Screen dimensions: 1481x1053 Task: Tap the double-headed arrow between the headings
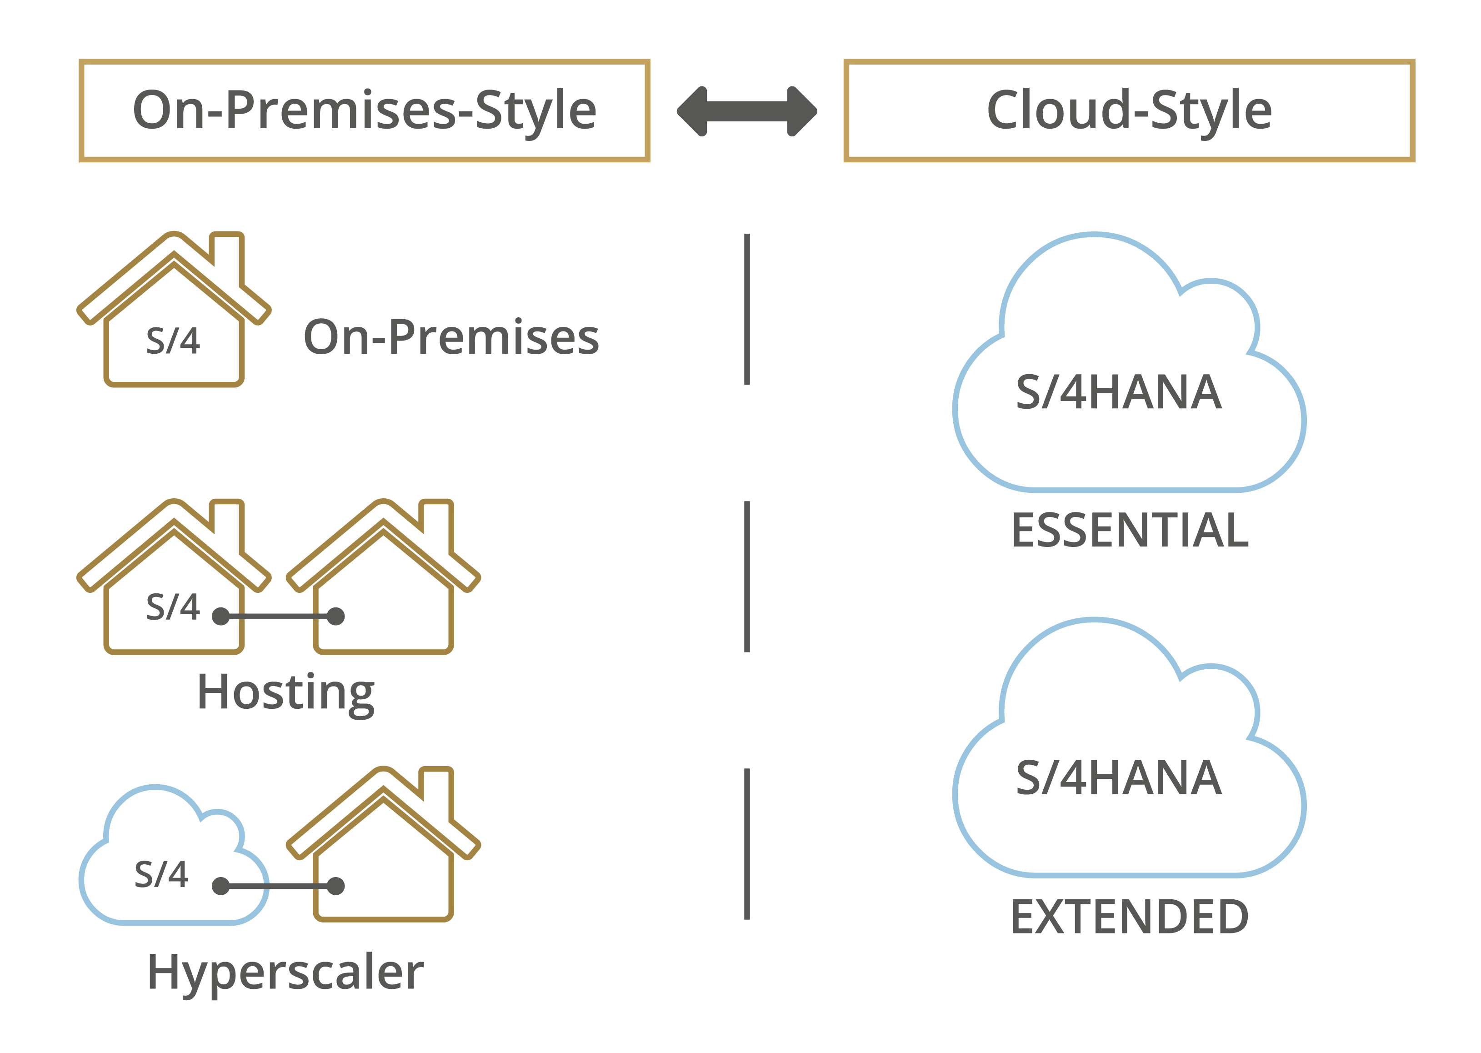tap(747, 111)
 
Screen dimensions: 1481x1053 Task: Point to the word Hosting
tap(286, 694)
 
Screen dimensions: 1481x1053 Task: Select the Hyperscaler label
tap(286, 974)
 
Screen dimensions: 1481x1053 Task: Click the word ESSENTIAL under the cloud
tap(1130, 531)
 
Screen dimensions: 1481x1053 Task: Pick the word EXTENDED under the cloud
tap(1130, 917)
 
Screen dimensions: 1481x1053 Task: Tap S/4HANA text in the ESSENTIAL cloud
tap(1119, 392)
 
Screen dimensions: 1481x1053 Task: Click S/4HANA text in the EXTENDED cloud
tap(1119, 777)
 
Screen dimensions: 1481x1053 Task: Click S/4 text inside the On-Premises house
tap(173, 341)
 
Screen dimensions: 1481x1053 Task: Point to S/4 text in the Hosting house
tap(173, 607)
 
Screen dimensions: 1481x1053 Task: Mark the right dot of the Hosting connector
tap(336, 616)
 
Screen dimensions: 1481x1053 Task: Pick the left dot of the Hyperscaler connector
tap(221, 886)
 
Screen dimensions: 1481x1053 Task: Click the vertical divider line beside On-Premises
tap(747, 309)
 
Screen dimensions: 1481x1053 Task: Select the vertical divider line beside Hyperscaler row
tap(747, 844)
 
